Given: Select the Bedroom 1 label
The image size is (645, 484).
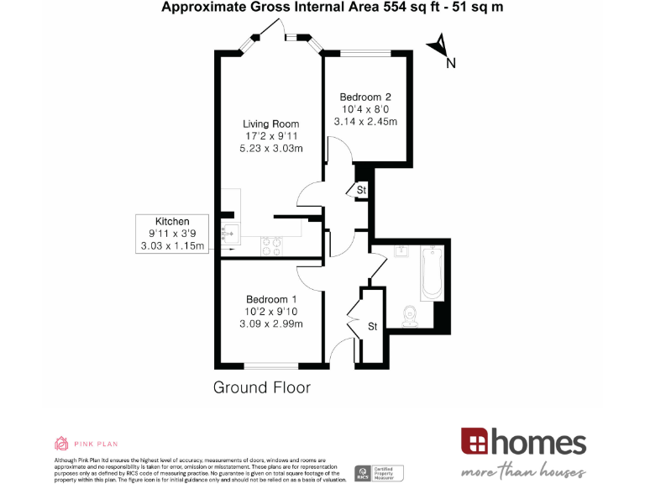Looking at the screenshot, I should pyautogui.click(x=270, y=299).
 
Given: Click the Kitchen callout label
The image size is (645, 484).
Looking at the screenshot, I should pyautogui.click(x=172, y=221).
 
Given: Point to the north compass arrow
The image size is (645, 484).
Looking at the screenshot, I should pyautogui.click(x=439, y=45).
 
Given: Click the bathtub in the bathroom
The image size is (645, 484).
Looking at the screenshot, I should pyautogui.click(x=431, y=273).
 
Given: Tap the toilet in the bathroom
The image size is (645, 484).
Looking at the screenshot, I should pyautogui.click(x=409, y=314).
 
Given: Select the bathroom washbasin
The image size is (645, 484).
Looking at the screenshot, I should pyautogui.click(x=401, y=251).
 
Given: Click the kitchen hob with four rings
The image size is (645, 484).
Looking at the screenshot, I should pyautogui.click(x=271, y=246).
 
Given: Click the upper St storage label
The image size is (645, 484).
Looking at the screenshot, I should pyautogui.click(x=361, y=191).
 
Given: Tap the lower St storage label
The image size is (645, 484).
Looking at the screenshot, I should pyautogui.click(x=372, y=325).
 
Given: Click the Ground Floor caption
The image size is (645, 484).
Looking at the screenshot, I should pyautogui.click(x=261, y=387).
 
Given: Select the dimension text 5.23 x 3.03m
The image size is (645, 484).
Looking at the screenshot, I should pyautogui.click(x=270, y=149).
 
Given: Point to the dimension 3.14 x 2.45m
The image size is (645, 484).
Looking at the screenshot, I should pyautogui.click(x=365, y=121).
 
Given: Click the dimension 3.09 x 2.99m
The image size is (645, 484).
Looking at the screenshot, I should pyautogui.click(x=270, y=324).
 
